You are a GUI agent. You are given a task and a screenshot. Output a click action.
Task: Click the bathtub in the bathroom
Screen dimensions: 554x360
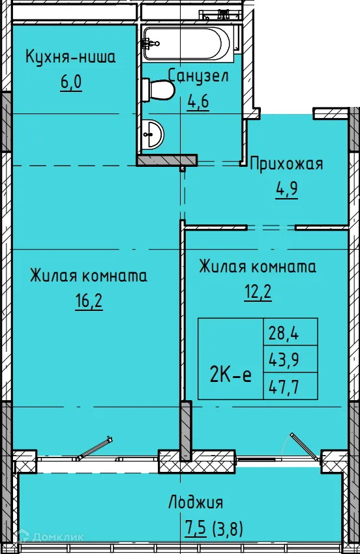tap(187, 43)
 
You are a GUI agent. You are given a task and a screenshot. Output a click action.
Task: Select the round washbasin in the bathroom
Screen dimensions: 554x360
tap(153, 135)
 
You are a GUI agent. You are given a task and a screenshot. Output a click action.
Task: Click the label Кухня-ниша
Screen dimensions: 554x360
tap(70, 57)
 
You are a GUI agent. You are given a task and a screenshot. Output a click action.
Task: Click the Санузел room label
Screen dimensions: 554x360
tap(198, 76)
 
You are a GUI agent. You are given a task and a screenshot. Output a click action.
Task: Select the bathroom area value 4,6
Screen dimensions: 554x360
tap(198, 102)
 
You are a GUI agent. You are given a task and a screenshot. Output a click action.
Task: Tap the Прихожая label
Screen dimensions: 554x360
tap(286, 164)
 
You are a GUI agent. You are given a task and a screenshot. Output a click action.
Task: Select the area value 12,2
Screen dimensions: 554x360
tap(258, 291)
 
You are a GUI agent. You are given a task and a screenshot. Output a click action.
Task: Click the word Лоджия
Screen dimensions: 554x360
tap(196, 503)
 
